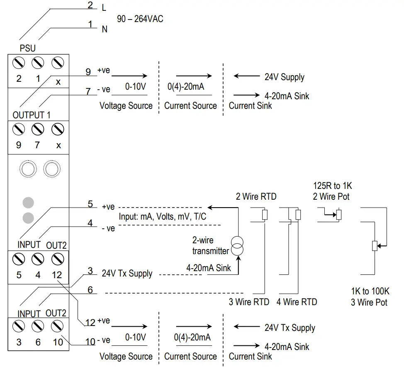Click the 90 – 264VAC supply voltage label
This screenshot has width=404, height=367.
[x=140, y=20]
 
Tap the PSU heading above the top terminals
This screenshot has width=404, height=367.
[x=28, y=49]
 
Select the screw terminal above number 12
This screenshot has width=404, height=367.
[x=57, y=259]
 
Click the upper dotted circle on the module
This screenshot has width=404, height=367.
[x=28, y=169]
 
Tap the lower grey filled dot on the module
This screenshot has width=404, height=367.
[x=28, y=217]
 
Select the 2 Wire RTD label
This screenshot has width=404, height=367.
[x=256, y=196]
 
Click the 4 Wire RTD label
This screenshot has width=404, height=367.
[x=297, y=302]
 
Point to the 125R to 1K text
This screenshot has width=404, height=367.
[x=332, y=186]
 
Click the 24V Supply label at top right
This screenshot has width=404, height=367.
[x=284, y=77]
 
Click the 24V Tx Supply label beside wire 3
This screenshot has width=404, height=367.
[x=127, y=274]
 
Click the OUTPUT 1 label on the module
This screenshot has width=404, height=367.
[x=32, y=115]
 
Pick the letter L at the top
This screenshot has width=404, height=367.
[x=104, y=8]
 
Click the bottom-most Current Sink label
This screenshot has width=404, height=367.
[x=250, y=356]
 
